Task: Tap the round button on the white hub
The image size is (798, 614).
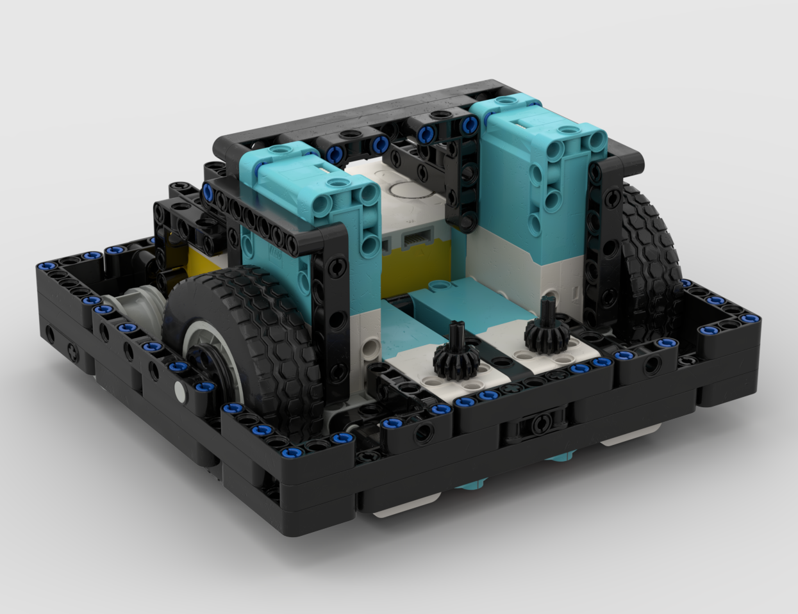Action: (x=410, y=190)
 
